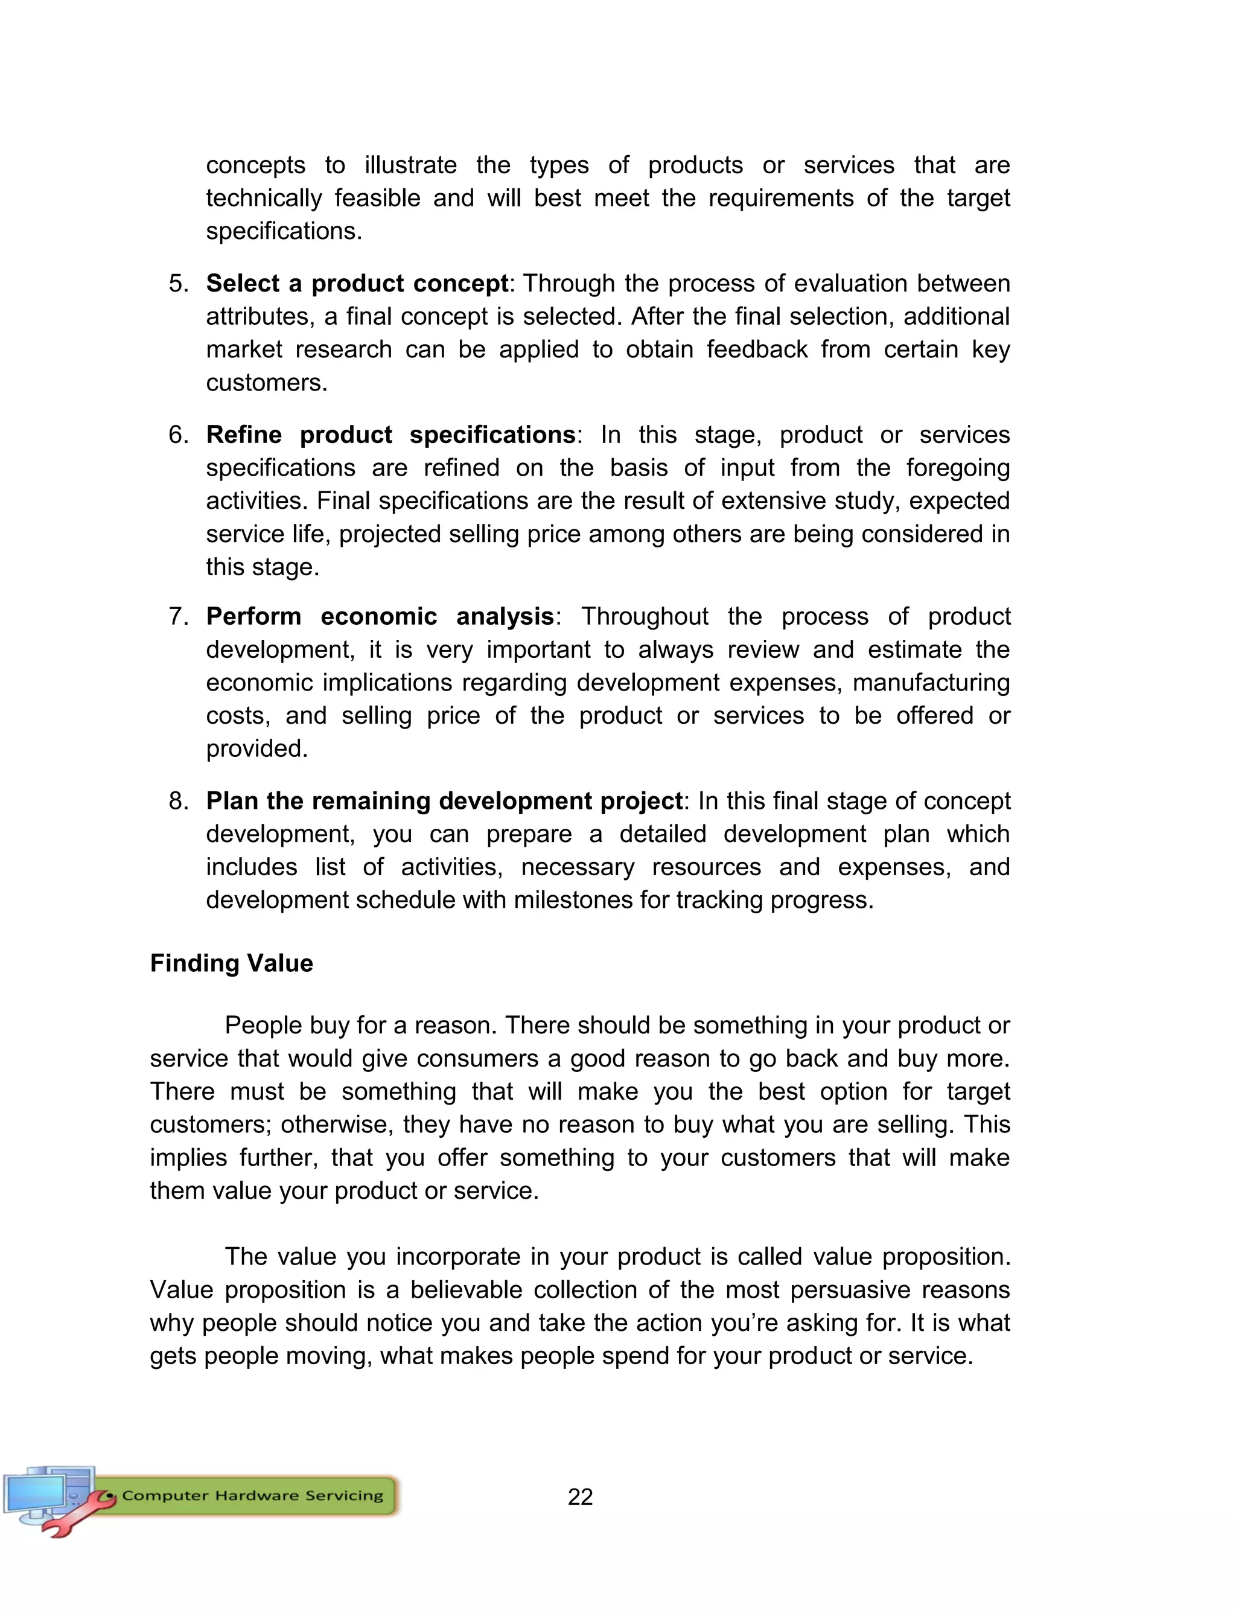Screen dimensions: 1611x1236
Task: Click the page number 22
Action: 580,1497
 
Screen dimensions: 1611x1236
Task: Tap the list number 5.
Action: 178,283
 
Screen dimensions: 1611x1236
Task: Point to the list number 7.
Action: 178,616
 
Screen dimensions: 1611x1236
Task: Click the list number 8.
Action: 178,800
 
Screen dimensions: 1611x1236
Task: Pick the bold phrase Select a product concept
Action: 357,283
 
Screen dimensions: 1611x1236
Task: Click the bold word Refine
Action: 244,435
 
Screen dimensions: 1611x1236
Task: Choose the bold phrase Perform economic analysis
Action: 380,616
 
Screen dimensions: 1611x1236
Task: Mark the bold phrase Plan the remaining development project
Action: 444,800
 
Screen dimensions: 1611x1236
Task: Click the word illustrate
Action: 410,165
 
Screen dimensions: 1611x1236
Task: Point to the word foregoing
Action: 957,468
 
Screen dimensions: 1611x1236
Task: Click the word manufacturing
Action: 931,683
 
